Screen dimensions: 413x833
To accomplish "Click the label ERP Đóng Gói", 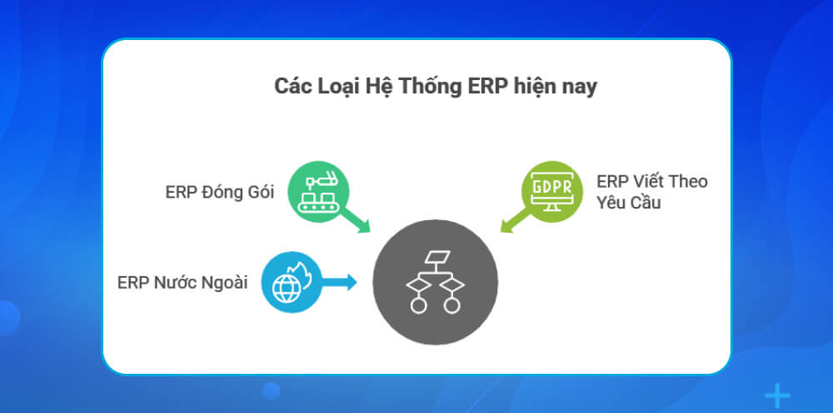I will click(220, 193).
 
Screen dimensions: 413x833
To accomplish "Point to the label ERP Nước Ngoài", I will click(182, 282).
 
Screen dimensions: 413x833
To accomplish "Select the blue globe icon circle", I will click(289, 282).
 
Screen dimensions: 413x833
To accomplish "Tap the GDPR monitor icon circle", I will click(551, 189).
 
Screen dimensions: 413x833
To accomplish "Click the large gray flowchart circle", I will click(435, 282).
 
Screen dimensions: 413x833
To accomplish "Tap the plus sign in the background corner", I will click(776, 395).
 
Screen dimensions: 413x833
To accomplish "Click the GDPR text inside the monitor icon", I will click(551, 185).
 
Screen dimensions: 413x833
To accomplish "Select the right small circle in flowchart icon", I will click(451, 305).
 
